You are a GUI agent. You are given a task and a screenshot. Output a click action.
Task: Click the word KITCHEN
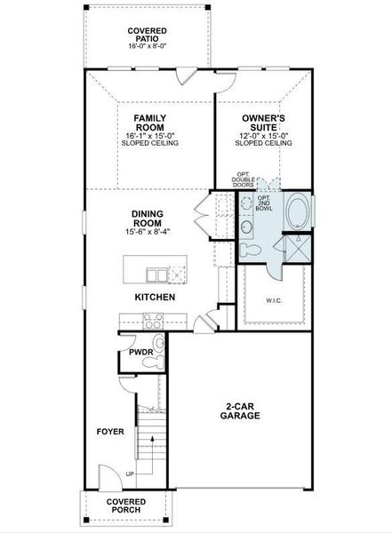click(154, 297)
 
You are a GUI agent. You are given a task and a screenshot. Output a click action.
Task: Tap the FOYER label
click(110, 433)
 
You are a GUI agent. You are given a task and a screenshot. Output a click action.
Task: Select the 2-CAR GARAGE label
click(241, 411)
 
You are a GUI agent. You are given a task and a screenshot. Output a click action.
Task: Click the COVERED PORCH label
click(126, 505)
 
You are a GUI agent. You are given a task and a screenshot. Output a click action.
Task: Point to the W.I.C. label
click(275, 300)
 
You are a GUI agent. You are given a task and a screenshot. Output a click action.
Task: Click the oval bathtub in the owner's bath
click(300, 214)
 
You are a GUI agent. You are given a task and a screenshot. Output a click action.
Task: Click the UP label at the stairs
click(131, 474)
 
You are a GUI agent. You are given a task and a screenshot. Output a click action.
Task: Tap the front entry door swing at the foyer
click(104, 477)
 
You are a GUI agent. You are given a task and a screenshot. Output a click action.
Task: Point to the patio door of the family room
click(185, 76)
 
